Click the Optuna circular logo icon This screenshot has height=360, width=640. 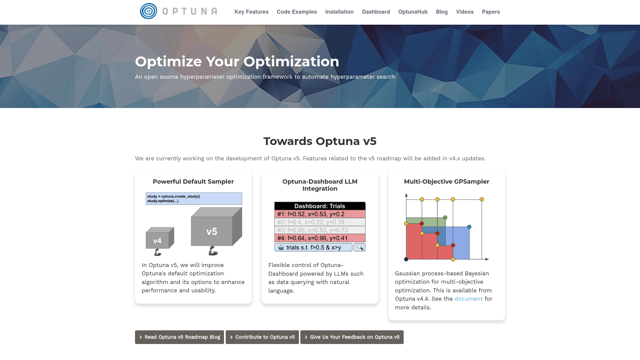(x=148, y=11)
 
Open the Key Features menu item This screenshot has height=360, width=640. (x=251, y=12)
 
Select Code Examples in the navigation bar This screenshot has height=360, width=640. (x=297, y=12)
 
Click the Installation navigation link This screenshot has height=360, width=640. (x=339, y=12)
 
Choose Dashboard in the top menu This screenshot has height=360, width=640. (x=376, y=12)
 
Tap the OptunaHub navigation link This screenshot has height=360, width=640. (x=413, y=12)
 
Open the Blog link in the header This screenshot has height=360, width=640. (x=442, y=12)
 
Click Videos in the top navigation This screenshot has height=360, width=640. (x=465, y=12)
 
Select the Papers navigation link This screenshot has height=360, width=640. (x=491, y=12)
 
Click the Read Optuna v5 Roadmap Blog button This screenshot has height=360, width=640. (x=179, y=337)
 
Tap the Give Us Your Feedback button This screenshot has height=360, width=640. (x=352, y=337)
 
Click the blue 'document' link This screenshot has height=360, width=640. (x=468, y=299)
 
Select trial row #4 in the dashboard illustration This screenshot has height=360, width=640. (x=320, y=238)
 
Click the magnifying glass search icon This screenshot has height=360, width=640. (x=360, y=247)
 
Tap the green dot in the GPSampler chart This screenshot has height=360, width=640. (x=445, y=218)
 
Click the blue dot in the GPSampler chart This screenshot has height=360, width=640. (x=469, y=227)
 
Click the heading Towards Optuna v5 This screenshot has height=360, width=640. (x=320, y=141)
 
